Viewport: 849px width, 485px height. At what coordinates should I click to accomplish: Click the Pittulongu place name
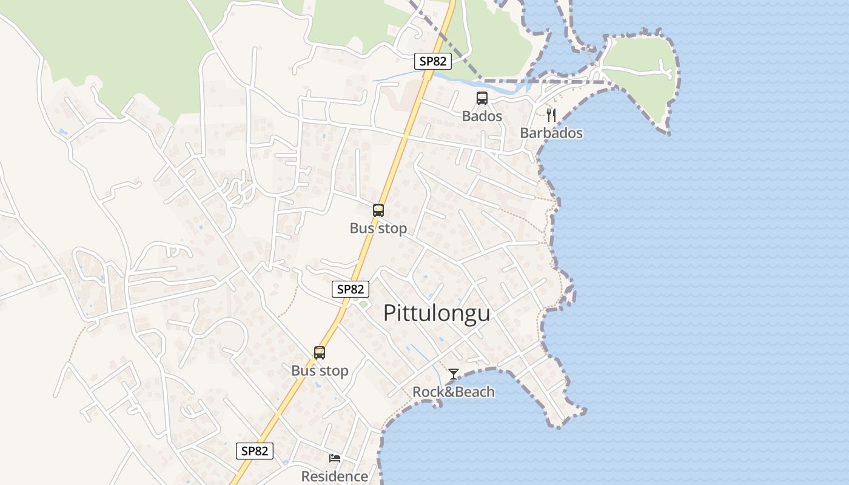(x=437, y=313)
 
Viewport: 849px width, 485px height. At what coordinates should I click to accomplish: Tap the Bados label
(x=482, y=116)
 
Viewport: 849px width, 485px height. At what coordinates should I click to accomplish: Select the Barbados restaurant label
(x=551, y=133)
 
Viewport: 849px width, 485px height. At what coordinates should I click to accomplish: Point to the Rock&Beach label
(x=454, y=392)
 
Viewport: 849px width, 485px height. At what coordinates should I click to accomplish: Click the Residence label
(x=335, y=477)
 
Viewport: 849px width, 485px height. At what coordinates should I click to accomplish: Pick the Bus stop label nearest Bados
(x=378, y=228)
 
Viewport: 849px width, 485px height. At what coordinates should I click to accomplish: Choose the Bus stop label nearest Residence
(x=320, y=370)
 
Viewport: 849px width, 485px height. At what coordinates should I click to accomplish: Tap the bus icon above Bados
(x=482, y=98)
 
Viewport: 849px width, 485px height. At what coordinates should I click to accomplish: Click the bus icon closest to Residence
(x=320, y=353)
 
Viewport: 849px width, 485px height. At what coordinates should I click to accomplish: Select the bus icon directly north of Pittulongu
(x=378, y=210)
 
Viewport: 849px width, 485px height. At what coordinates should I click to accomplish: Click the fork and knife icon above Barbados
(x=551, y=115)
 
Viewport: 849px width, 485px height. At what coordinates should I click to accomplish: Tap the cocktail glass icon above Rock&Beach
(x=454, y=374)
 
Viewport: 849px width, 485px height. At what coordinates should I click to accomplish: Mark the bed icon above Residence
(x=335, y=458)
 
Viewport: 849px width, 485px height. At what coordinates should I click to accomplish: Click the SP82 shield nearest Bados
(x=433, y=61)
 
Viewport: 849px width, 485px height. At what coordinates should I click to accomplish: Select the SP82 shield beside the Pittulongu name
(x=351, y=289)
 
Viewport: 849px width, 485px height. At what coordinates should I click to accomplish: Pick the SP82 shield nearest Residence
(x=255, y=450)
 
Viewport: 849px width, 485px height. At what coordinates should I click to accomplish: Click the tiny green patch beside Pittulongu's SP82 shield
(x=363, y=304)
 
